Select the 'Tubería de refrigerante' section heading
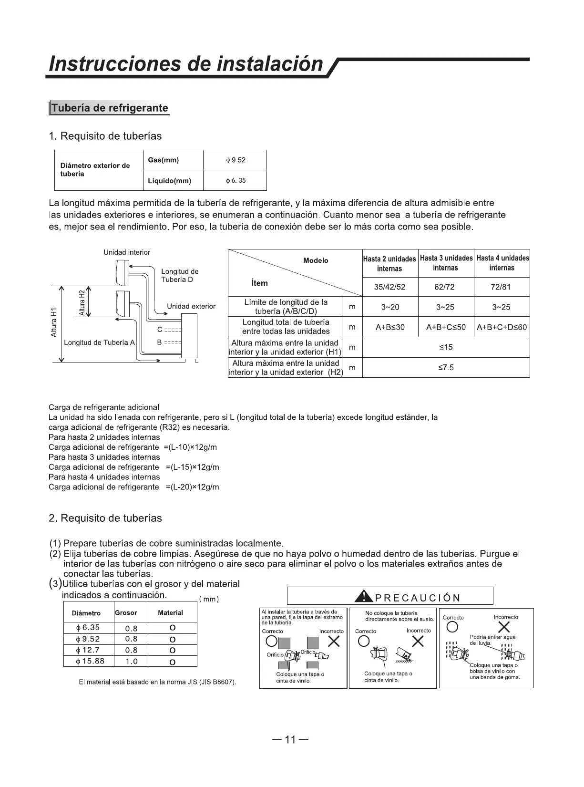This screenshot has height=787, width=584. pos(110,108)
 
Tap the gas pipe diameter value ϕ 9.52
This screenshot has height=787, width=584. pos(236,160)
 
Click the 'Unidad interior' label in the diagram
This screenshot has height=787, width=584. pos(127,252)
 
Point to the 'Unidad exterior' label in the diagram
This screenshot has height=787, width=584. pos(191,306)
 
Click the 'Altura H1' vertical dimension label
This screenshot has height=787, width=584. pos(54,323)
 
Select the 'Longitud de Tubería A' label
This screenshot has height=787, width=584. pos(100,342)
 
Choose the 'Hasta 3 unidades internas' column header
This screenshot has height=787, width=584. pos(446,263)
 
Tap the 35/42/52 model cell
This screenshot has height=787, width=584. pos(390,287)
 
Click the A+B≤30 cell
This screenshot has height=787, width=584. pos(390,327)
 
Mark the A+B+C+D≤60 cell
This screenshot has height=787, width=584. pos(502,327)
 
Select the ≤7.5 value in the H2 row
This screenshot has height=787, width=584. pos(446,368)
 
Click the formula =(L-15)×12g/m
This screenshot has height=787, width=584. pos(193,467)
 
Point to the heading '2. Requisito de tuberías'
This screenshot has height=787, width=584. pos(105,518)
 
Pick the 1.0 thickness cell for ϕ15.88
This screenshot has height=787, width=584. pos(131,662)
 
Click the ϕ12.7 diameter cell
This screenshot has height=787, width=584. pos(88,650)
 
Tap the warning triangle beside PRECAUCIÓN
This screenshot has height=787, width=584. pos(365,596)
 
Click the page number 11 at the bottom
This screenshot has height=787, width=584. pos(290,740)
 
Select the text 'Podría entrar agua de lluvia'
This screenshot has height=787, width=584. pos(492,640)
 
